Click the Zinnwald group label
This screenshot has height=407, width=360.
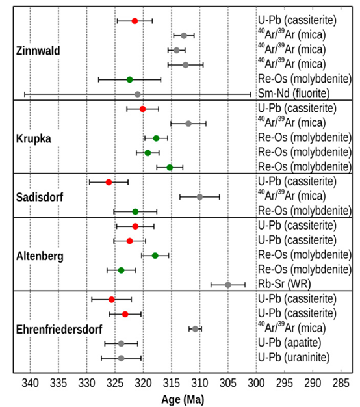[38, 51]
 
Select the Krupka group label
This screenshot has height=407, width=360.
[34, 139]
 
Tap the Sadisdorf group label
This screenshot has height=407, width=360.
[40, 197]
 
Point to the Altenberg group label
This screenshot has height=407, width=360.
[40, 256]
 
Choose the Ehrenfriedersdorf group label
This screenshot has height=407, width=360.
[59, 330]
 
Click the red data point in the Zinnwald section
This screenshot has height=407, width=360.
[135, 21]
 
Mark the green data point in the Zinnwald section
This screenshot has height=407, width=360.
[130, 80]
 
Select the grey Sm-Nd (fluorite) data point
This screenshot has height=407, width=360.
[138, 94]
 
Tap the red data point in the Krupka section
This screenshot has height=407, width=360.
[142, 109]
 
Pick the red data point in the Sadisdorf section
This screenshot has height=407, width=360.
[109, 182]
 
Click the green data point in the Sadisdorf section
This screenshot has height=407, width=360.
[135, 211]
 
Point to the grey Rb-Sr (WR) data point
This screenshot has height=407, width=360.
[228, 285]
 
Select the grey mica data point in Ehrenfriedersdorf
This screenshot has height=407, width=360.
[195, 329]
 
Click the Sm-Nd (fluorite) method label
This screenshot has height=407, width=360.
[294, 93]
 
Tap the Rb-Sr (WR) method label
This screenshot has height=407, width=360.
[284, 284]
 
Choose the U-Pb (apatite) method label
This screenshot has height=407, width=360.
[289, 343]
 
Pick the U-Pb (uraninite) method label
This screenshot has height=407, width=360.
[294, 358]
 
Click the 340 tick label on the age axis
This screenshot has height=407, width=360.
[31, 383]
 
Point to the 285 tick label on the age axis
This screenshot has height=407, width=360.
[341, 383]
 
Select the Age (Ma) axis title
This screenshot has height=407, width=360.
[183, 399]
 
